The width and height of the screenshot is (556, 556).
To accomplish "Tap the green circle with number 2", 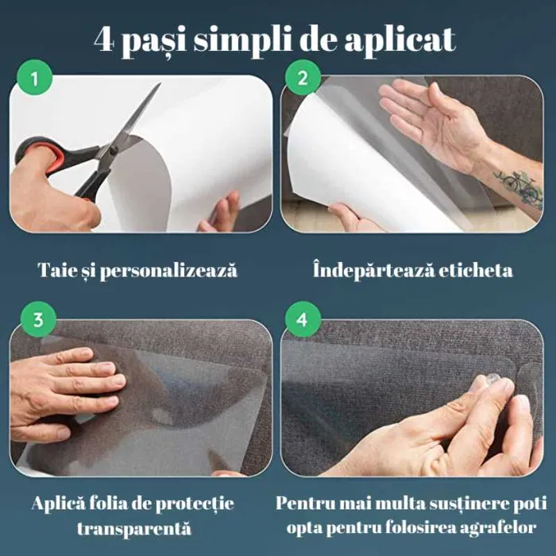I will [x=302, y=79].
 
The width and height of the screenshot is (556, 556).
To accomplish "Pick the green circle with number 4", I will [x=302, y=320].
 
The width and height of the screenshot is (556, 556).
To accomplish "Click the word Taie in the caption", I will [x=57, y=270].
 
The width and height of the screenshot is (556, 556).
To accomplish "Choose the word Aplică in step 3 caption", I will [x=59, y=504].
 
